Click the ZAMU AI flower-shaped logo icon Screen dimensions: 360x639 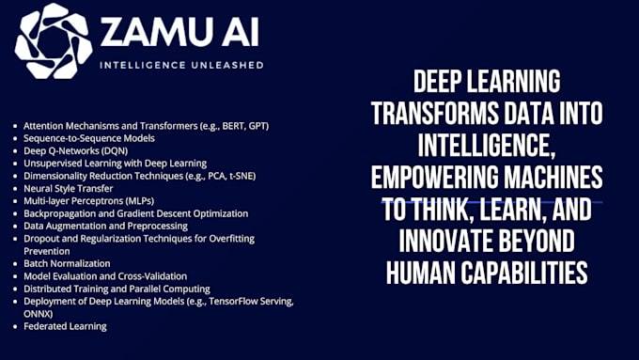point(54,39)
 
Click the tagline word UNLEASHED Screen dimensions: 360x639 point(226,66)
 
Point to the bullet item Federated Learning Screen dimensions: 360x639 point(66,326)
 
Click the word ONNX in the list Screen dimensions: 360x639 point(39,314)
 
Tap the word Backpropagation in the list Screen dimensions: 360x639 point(59,213)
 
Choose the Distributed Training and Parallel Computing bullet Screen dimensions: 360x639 point(117,289)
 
